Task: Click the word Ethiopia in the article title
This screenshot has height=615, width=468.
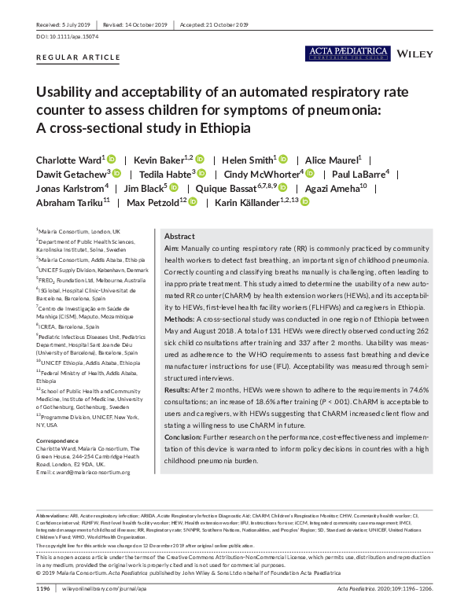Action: click(x=223, y=128)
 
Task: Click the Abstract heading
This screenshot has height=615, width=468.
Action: click(x=179, y=236)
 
